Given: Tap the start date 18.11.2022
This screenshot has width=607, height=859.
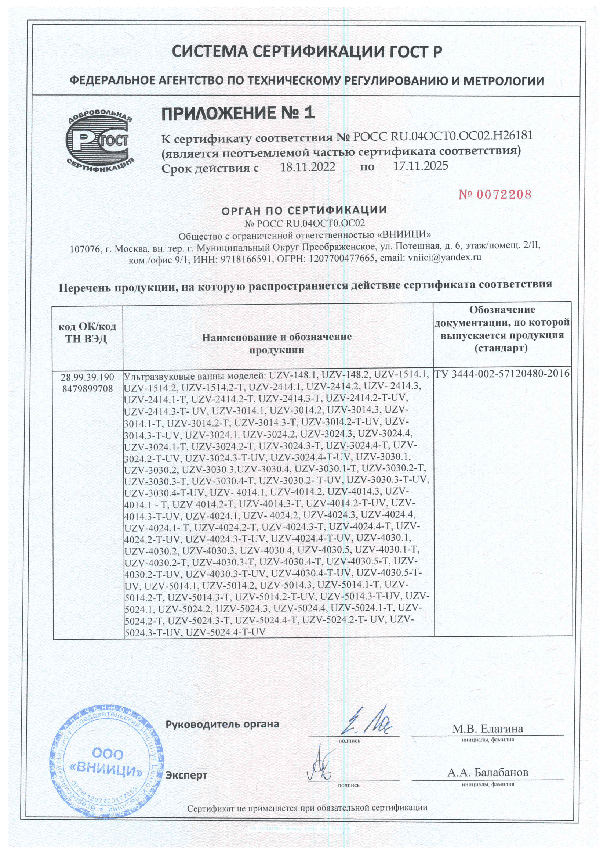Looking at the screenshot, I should (308, 167).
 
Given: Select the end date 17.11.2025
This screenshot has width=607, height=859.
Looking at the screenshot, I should (421, 166).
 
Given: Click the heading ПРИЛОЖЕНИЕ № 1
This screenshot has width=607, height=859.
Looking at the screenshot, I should (238, 113).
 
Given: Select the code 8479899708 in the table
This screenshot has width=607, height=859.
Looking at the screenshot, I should (88, 389).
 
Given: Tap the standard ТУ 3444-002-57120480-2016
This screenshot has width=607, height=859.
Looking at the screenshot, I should (502, 374).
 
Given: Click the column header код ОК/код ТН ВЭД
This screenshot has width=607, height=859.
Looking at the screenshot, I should (87, 333).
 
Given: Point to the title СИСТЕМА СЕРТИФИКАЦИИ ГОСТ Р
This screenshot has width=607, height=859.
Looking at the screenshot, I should (306, 53).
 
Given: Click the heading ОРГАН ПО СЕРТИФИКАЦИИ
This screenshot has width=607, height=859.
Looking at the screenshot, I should (304, 210).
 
